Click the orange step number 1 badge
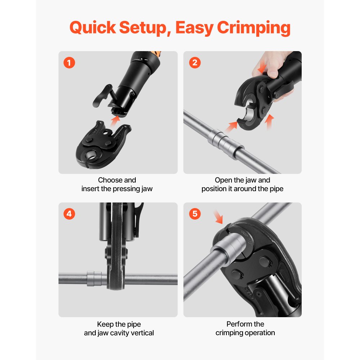coord(69,63)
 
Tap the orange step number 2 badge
coord(195,63)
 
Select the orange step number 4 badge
coord(69,214)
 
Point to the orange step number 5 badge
coord(195,214)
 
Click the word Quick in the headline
coord(93,28)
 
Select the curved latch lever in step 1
coord(102,94)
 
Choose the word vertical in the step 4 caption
coord(141,333)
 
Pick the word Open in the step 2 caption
coord(223,180)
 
